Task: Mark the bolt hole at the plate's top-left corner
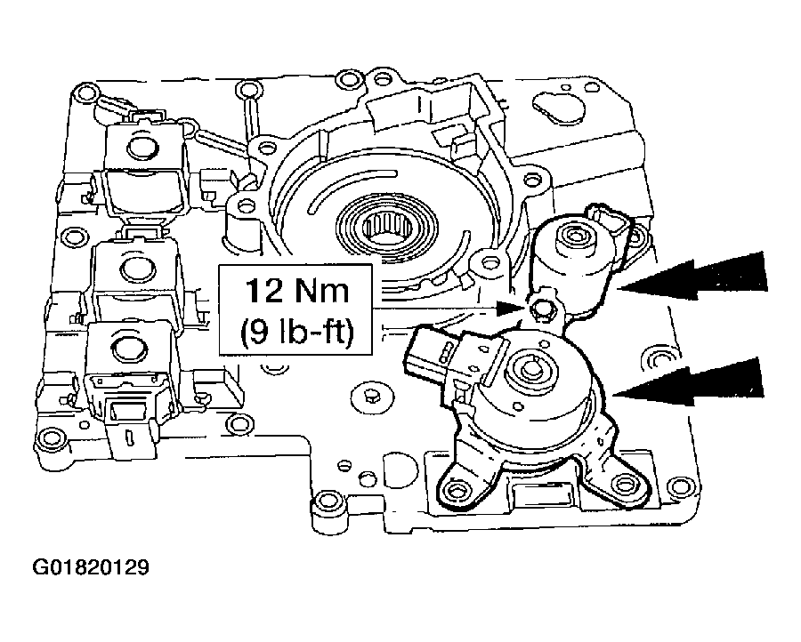point(85,92)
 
